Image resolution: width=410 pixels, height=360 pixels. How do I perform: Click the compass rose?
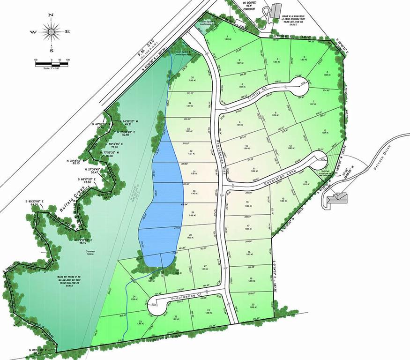51,31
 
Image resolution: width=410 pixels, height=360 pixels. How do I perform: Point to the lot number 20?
253,305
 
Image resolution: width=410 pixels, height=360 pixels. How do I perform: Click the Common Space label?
90,252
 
